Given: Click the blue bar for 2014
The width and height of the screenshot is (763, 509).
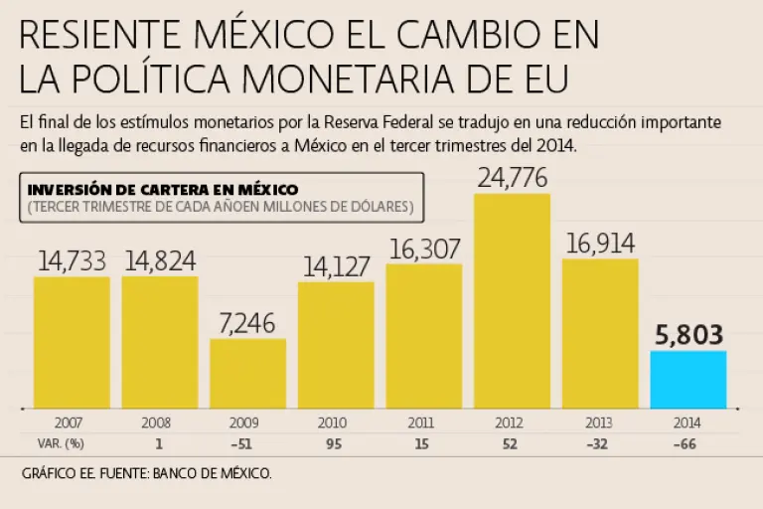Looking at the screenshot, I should coord(687,379).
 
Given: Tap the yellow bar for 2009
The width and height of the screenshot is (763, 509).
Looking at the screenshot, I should coord(247,373).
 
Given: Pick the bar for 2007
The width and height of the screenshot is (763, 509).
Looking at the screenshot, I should coord(72,342).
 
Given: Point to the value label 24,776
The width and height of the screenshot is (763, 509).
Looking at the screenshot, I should coord(512,179).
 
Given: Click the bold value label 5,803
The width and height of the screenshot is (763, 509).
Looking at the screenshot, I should coord(687,335).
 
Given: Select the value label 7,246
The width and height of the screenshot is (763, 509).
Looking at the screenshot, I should coord(247,323).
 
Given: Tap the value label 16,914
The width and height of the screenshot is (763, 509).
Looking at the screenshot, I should coord(599,244).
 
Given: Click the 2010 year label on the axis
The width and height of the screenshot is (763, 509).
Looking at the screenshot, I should coord(335,422).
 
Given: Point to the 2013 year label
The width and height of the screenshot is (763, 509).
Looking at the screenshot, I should coord(599,422).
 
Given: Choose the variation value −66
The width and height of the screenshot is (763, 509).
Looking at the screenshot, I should coord(687,442).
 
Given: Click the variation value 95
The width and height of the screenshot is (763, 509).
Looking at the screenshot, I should coord(335,442).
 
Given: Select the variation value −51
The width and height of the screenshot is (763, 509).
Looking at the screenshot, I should coord(247,442).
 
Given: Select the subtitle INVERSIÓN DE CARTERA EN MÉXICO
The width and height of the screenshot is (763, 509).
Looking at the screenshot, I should coord(164,189).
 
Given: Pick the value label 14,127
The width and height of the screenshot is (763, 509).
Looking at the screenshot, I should coord(335,266).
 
